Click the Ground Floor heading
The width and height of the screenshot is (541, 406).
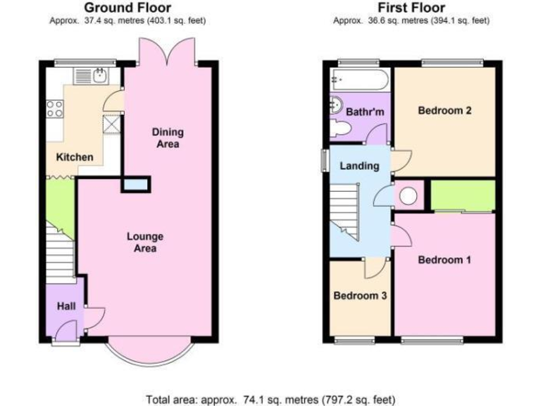point(128,8)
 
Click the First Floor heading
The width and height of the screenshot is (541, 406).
point(411,8)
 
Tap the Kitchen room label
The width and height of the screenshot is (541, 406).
point(74,156)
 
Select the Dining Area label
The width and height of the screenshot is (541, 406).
point(168,138)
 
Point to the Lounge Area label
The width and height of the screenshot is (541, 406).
point(145,242)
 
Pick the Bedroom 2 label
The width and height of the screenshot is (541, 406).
point(444,111)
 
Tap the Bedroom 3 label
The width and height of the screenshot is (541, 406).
point(360,295)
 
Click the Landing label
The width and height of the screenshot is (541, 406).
point(359,166)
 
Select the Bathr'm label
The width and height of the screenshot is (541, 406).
point(364,111)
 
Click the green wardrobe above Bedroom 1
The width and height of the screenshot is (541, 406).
point(462,195)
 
